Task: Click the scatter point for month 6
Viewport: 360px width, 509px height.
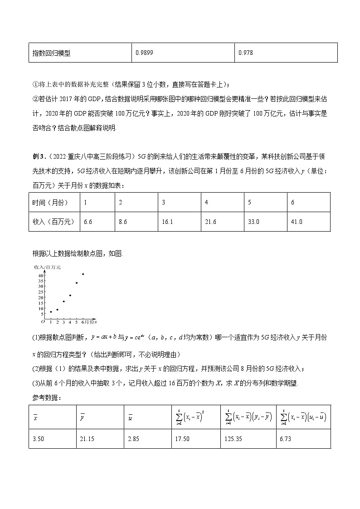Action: tap(83, 274)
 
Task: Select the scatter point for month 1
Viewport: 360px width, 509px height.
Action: tap(51, 312)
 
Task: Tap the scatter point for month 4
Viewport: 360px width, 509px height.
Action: tap(70, 296)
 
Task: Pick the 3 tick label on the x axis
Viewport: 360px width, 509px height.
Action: tap(63, 323)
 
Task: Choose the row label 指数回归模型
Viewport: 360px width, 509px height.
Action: tap(51, 53)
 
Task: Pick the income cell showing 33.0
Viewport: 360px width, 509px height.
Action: tap(253, 222)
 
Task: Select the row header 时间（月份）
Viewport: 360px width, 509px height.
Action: tap(47, 202)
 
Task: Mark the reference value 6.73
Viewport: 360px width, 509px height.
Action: tap(287, 439)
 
